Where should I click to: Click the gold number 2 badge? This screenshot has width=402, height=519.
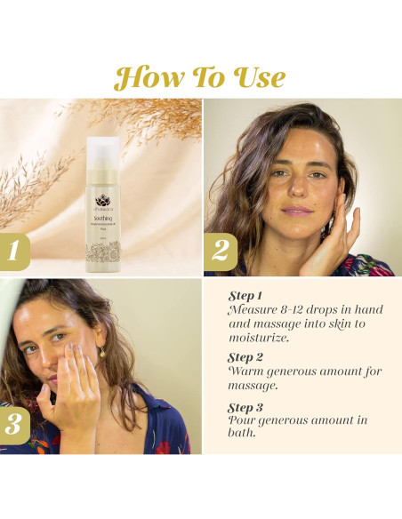[x=220, y=250]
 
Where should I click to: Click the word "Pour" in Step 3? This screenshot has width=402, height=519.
[x=245, y=419]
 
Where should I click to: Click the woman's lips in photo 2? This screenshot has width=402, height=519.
[x=299, y=210]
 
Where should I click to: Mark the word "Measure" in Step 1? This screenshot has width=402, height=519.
[x=256, y=308]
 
